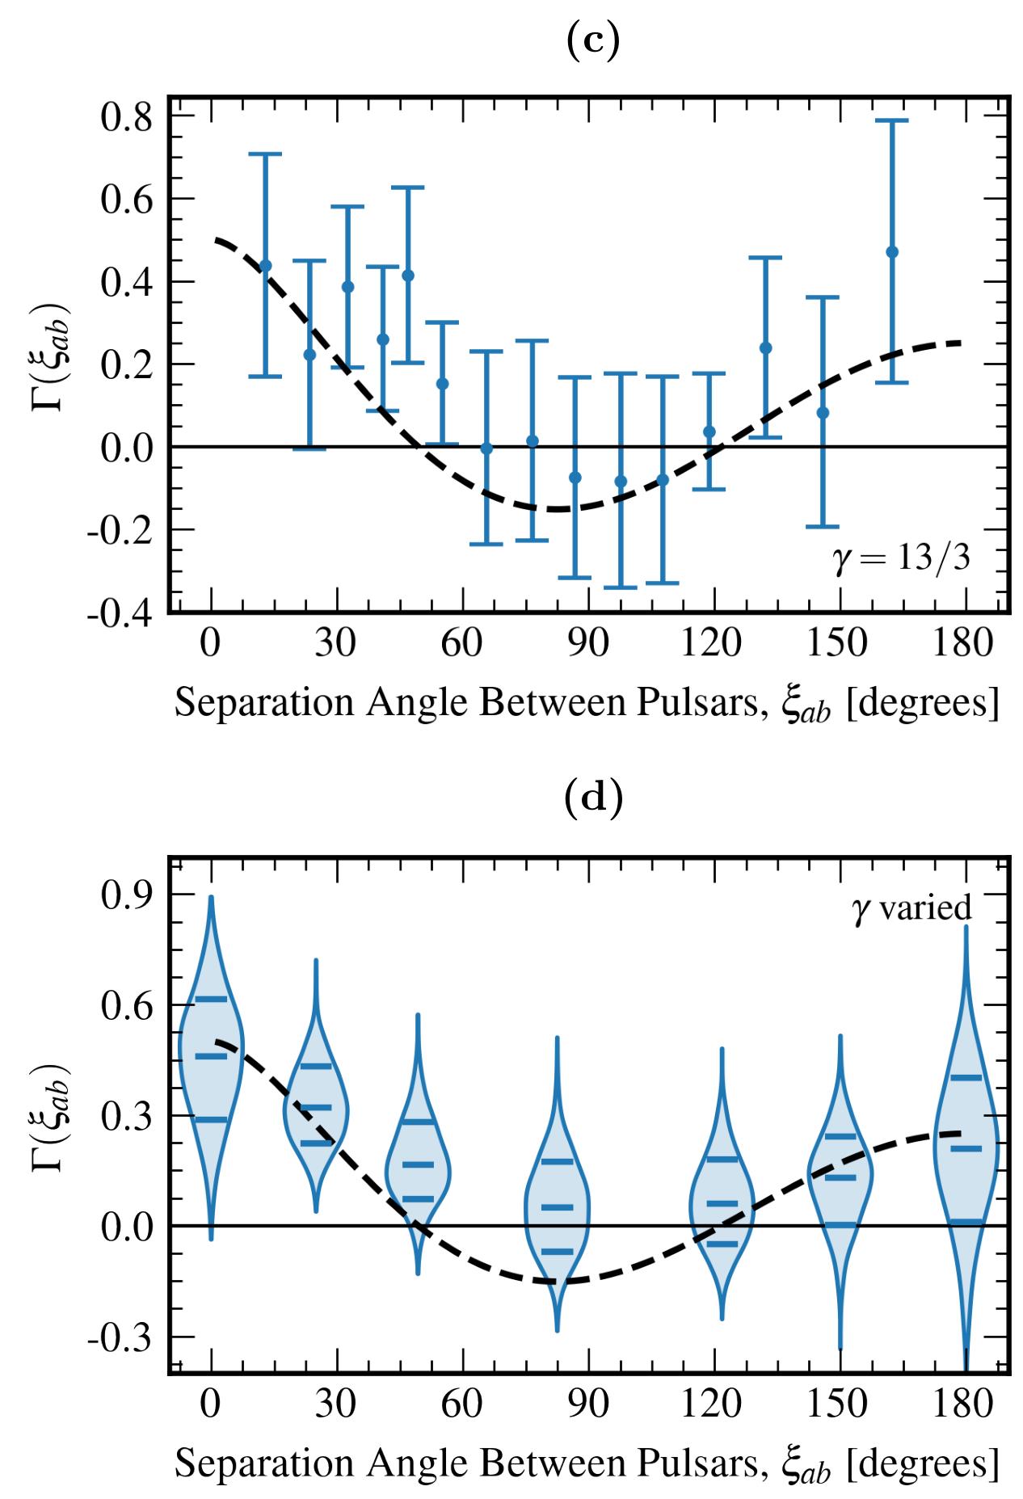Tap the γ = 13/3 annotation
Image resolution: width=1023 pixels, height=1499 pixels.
tap(901, 559)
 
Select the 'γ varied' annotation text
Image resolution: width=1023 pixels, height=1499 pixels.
tap(912, 908)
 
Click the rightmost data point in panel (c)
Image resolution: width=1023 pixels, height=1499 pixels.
tap(892, 252)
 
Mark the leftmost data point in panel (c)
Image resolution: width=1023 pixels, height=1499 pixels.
tap(265, 265)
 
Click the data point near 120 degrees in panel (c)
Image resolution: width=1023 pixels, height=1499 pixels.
tap(709, 432)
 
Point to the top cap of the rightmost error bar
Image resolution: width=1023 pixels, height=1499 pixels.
tap(892, 120)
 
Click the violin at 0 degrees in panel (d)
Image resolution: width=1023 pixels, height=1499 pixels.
tap(211, 1051)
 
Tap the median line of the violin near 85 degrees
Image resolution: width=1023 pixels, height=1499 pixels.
tap(557, 1207)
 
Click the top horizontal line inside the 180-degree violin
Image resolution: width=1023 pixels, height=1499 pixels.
tap(966, 1077)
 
